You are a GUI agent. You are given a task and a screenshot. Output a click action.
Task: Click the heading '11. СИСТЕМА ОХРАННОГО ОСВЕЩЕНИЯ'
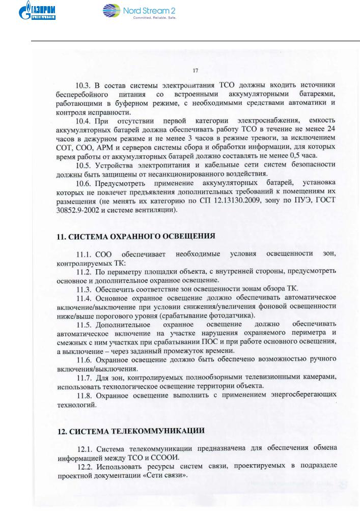click(x=135, y=236)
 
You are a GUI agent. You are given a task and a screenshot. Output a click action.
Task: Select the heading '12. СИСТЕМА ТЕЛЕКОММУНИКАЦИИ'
click(x=131, y=430)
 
